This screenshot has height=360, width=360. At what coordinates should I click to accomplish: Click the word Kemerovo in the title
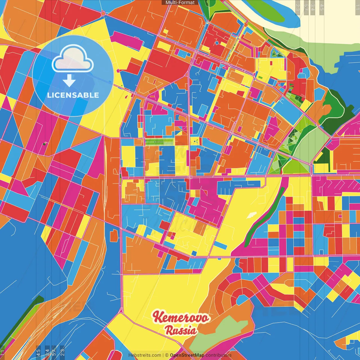tap(181, 318)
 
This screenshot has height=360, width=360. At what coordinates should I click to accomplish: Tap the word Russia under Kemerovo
tap(181, 330)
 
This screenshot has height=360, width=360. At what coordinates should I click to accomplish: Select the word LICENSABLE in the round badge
tap(73, 95)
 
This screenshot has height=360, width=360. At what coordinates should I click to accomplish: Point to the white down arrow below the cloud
tap(69, 80)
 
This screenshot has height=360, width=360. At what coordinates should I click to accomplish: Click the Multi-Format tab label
tap(180, 3)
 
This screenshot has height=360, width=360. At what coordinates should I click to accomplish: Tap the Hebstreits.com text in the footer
tap(145, 355)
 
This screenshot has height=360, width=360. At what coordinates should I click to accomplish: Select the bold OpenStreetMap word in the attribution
tap(187, 355)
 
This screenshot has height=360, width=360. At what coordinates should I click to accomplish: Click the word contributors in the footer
tap(219, 355)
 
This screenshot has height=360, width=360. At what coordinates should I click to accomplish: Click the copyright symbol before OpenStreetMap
tap(167, 355)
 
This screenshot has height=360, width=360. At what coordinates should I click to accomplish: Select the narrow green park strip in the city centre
tap(159, 142)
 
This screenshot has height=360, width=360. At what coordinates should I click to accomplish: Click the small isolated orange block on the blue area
tap(114, 235)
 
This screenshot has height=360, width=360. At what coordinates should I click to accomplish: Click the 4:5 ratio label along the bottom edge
tap(38, 352)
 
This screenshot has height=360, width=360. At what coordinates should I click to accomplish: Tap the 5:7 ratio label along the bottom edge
tap(54, 352)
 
